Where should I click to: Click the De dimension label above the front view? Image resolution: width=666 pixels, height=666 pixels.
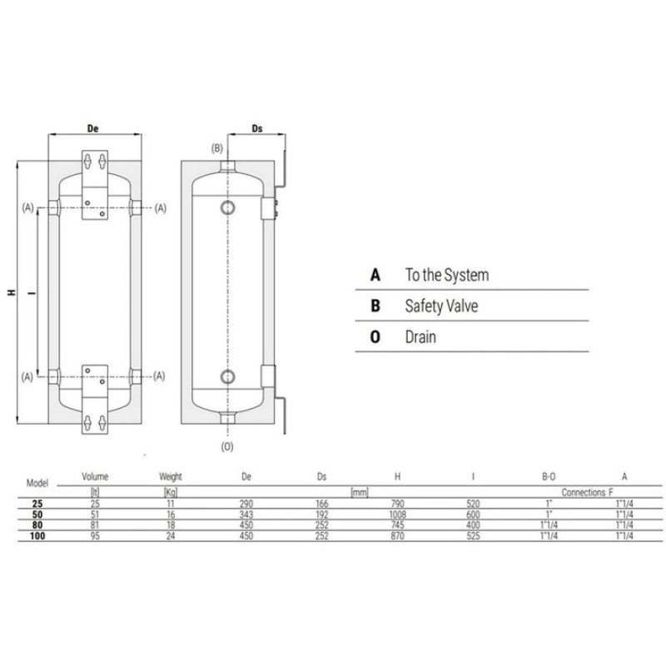tap(92, 128)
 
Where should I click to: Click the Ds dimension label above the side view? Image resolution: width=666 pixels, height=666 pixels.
tap(257, 128)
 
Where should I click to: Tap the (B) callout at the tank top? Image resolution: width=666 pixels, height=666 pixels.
tap(217, 148)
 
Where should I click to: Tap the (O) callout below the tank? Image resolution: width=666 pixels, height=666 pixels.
tap(227, 446)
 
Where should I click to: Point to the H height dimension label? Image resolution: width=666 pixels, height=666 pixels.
tap(12, 292)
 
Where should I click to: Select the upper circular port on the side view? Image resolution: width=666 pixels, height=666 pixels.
tap(227, 207)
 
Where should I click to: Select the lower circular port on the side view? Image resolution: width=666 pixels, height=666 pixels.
tap(227, 377)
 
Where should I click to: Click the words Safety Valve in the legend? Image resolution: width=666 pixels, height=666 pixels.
tap(441, 306)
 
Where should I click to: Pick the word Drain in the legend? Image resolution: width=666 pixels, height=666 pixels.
tap(420, 337)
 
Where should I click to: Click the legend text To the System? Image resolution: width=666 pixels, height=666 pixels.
tap(447, 275)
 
